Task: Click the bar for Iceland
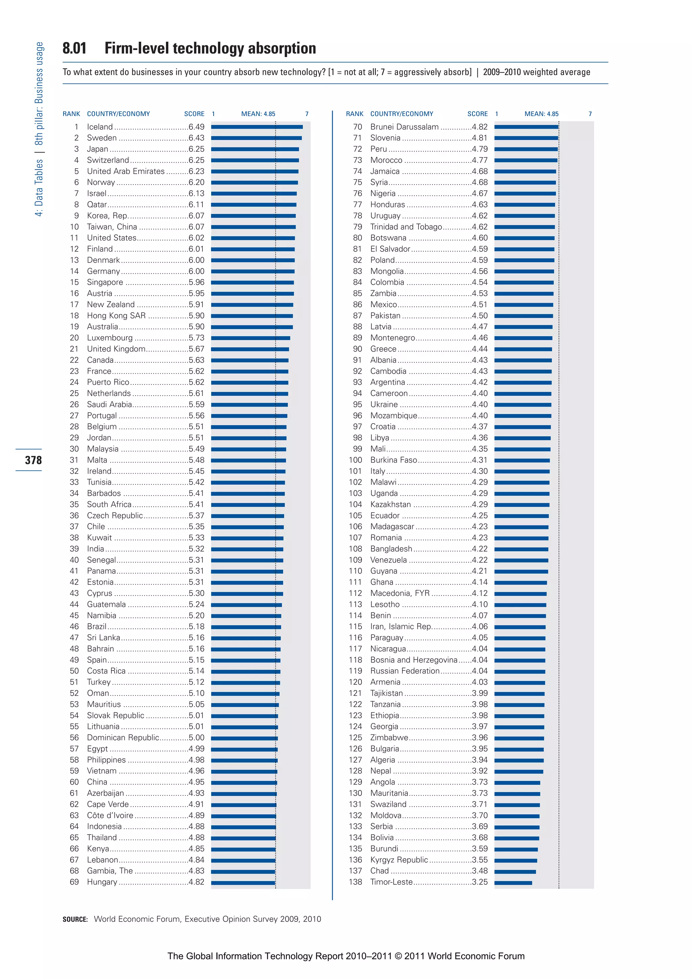(x=257, y=127)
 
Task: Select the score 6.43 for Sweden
(x=197, y=138)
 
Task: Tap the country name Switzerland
(x=108, y=160)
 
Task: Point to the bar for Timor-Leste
(x=513, y=883)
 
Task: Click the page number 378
(x=33, y=460)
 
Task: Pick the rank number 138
(x=355, y=882)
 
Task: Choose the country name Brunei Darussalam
(x=404, y=127)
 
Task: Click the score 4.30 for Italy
(x=480, y=471)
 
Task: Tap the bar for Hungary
(x=243, y=883)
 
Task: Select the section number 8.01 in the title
(x=75, y=48)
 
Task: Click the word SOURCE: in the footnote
(x=75, y=919)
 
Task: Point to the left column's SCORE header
(x=194, y=114)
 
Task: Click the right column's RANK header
(x=354, y=114)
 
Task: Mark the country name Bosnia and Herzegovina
(x=414, y=660)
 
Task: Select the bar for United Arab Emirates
(x=254, y=171)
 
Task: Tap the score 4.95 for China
(x=197, y=782)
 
